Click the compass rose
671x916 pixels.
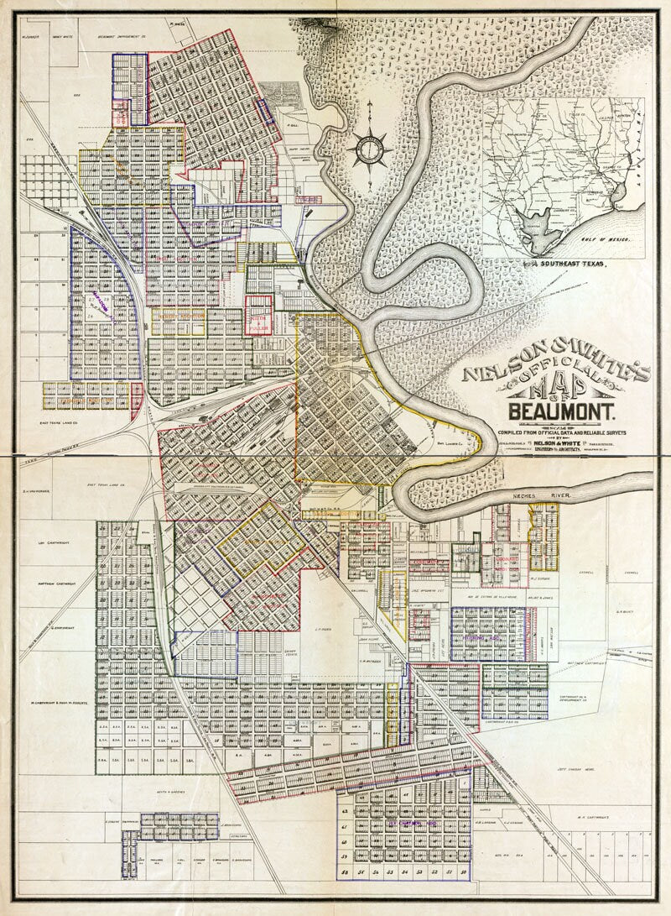tap(370, 149)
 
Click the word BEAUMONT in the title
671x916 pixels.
tap(561, 412)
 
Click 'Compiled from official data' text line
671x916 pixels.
tap(560, 431)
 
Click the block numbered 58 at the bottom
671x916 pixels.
tap(346, 874)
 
